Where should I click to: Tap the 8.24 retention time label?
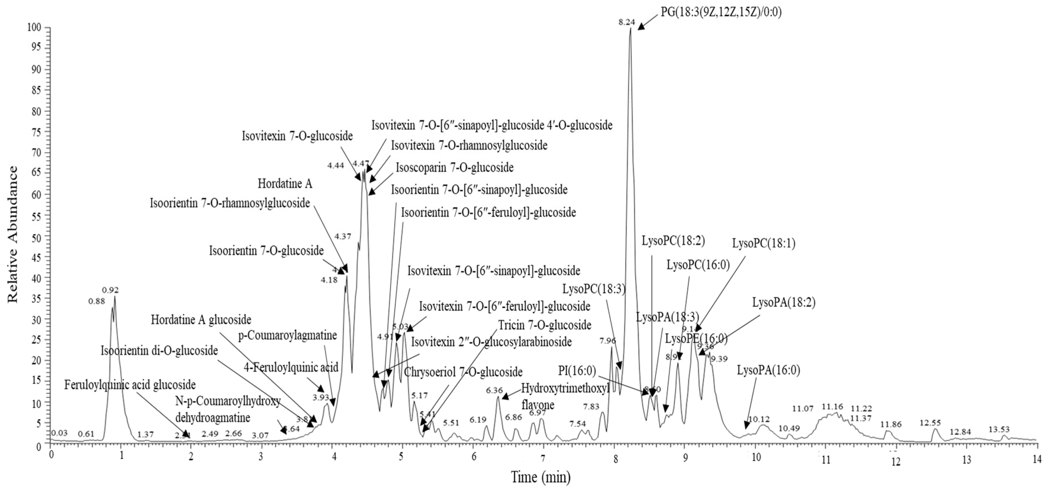click(626, 23)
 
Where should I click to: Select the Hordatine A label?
click(285, 184)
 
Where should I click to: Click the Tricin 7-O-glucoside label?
click(544, 325)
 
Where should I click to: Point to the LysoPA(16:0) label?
click(768, 371)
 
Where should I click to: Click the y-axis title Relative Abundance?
click(13, 234)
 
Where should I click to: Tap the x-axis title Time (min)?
click(541, 476)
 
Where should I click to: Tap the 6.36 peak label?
click(494, 391)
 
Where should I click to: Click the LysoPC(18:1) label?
click(764, 244)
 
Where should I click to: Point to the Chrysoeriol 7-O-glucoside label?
click(463, 372)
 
